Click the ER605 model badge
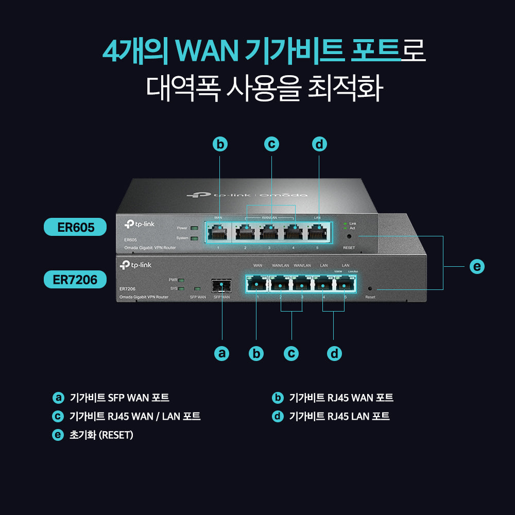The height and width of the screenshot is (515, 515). pos(75,227)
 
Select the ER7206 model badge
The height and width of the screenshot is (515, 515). pos(75,280)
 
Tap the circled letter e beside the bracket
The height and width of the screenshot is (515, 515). pos(477,266)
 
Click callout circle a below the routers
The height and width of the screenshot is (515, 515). pos(221,353)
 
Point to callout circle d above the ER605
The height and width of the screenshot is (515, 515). pos(319,145)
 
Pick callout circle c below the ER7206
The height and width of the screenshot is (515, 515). pos(291,353)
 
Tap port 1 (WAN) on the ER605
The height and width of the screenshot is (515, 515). pos(218,233)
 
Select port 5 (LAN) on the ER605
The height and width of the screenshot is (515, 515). pos(317,233)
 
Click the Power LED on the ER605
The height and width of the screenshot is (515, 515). pos(194,228)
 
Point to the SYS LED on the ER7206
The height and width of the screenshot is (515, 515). pos(181,288)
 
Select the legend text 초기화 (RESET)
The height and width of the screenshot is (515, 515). pos(101,435)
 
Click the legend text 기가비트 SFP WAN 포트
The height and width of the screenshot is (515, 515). pos(119,398)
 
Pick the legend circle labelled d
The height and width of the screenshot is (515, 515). pos(278,416)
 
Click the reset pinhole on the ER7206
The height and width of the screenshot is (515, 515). pos(370,288)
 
